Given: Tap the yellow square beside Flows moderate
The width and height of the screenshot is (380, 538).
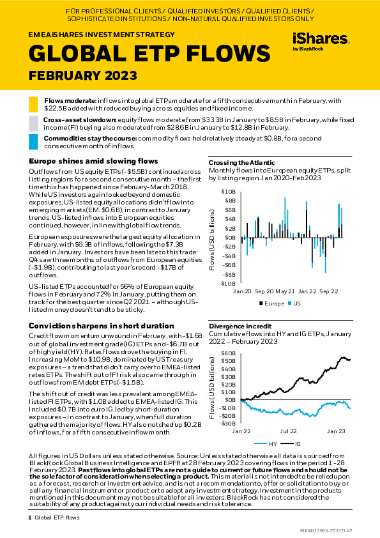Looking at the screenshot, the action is (33, 104).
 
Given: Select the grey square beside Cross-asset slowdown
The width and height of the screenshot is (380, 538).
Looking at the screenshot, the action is (33, 123).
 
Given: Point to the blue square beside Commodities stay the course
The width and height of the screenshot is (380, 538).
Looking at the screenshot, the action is (33, 142).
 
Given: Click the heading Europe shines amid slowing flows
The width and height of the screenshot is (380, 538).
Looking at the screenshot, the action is (93, 161).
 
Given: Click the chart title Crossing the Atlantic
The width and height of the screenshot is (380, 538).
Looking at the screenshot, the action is (242, 163).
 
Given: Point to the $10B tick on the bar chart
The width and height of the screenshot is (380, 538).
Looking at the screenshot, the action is (229, 192).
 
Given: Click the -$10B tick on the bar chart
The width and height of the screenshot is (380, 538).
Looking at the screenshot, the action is (227, 284).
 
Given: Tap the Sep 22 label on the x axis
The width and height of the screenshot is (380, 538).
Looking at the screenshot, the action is (328, 291).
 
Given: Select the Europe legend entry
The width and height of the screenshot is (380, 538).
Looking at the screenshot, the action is (271, 304).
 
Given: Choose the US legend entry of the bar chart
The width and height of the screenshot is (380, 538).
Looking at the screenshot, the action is (294, 304).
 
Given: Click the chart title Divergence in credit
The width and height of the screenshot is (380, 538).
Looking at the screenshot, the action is (240, 326).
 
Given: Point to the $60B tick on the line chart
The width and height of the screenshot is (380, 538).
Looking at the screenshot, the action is (229, 353).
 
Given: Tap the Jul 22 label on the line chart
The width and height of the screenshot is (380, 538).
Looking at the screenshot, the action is (288, 431).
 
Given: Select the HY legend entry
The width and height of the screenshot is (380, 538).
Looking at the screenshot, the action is (266, 444).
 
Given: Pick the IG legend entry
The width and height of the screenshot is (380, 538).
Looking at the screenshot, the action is (290, 444).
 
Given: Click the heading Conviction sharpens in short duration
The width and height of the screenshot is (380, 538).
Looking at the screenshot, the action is (102, 326).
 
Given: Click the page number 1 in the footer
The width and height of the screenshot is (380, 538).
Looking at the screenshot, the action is (30, 518).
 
